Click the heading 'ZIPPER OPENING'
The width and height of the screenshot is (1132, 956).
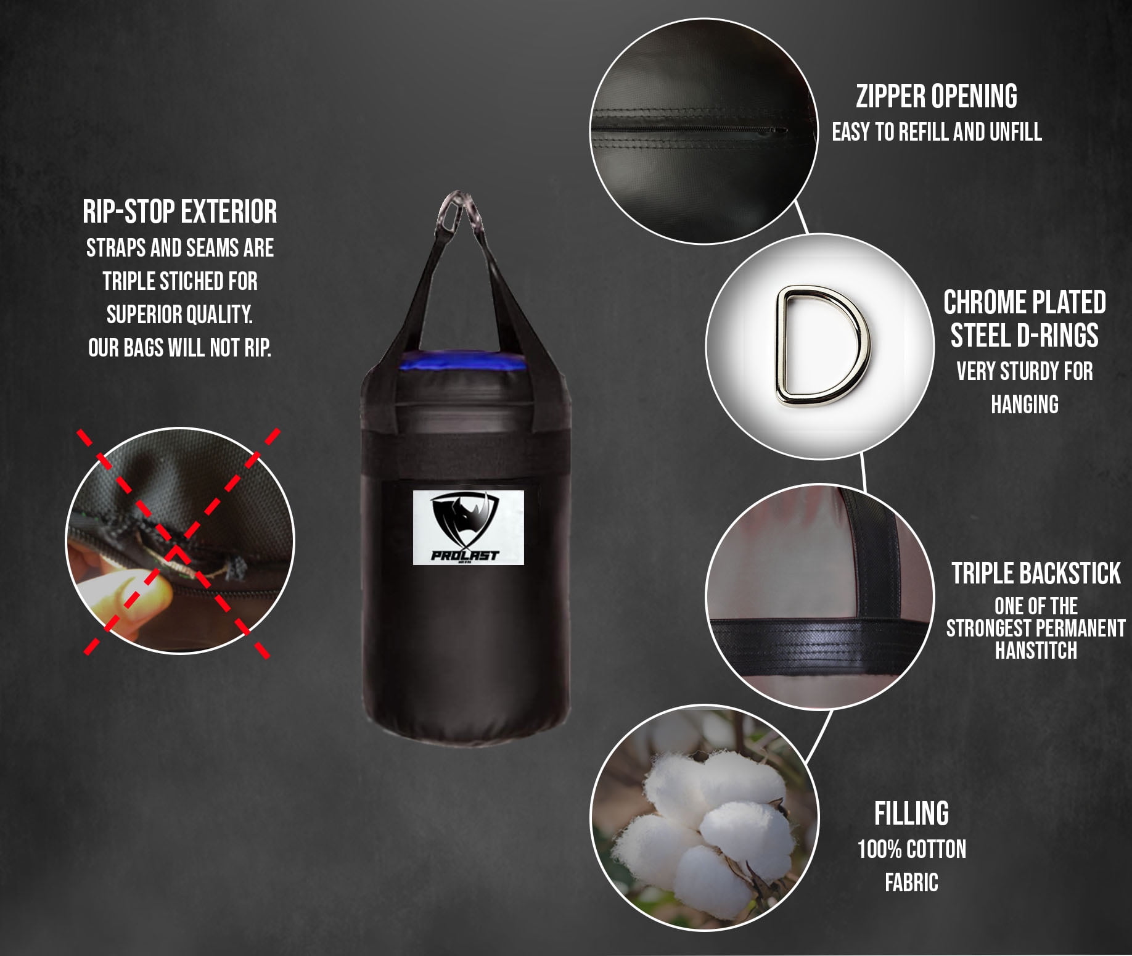(937, 96)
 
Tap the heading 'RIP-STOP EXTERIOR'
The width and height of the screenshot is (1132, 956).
(180, 212)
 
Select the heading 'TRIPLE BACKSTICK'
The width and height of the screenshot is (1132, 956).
(1036, 573)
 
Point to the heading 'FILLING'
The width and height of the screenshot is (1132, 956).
(911, 814)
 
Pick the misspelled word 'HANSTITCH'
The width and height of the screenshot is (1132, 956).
(1036, 650)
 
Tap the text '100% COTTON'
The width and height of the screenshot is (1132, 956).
(912, 849)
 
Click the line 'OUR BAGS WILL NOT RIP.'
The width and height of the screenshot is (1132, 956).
(180, 348)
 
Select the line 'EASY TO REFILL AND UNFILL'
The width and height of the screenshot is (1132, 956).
(937, 132)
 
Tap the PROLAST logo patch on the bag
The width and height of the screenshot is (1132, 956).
(468, 527)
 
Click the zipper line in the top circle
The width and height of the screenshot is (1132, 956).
(689, 130)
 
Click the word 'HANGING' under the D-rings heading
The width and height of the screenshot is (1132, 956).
(1025, 405)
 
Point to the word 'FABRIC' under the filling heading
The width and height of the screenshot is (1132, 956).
(912, 883)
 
